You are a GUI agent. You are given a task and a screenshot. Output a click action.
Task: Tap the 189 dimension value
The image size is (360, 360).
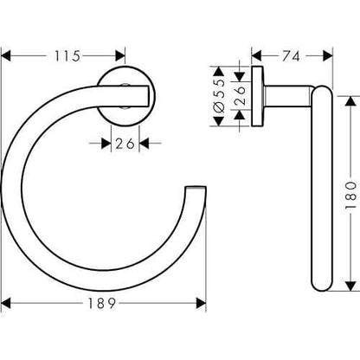tap(104, 304)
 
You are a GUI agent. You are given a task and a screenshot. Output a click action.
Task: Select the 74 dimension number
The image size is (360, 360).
tap(292, 56)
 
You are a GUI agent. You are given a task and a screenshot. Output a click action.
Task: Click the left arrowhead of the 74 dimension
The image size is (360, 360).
tap(256, 56)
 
